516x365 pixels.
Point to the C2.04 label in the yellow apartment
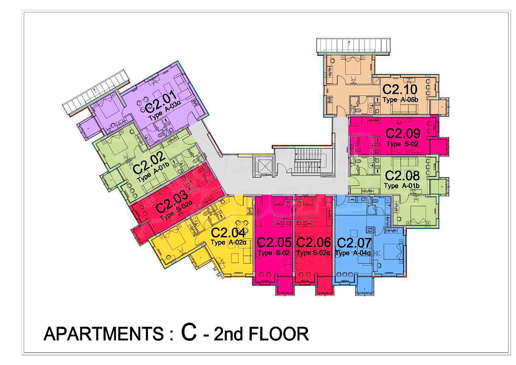pos(228,233)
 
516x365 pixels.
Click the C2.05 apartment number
pos(274,242)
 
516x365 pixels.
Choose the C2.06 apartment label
pos(313,242)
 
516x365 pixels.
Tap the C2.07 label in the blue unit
pos(354,243)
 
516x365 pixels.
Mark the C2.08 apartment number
pos(402,176)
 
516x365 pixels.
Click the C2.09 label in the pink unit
pos(403,133)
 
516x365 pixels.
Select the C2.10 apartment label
pos(400,90)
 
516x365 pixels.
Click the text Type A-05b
pos(400,100)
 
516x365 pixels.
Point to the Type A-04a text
pos(353,253)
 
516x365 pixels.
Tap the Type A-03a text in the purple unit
pos(164,112)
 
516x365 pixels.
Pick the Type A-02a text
pos(228,242)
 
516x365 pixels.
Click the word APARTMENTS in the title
pos(104,334)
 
